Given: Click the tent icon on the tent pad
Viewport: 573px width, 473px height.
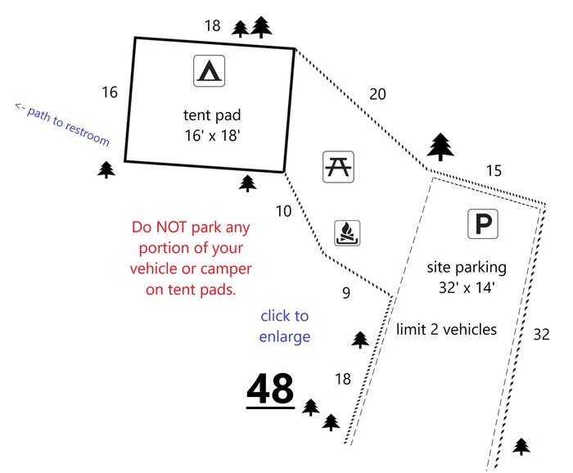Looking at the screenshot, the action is (209, 71).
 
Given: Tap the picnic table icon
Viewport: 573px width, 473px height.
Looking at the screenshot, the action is (338, 167).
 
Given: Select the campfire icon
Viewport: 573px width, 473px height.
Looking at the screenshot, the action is (347, 233).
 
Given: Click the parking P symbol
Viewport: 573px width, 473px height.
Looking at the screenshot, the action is (483, 223).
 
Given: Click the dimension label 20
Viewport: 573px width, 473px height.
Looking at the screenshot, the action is (377, 94).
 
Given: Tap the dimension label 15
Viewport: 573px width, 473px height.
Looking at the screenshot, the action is (494, 170).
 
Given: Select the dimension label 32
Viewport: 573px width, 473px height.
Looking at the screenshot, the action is (541, 334).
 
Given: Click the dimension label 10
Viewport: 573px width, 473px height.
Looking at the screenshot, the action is (283, 211).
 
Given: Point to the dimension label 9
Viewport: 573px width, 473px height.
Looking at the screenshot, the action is (346, 293).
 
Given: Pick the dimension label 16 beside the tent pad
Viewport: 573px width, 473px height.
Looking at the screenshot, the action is (110, 92).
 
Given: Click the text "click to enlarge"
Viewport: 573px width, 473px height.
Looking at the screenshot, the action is (285, 327).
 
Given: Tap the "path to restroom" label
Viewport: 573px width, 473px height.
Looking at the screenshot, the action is (62, 124).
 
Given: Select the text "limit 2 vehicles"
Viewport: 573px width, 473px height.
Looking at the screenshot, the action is (446, 330).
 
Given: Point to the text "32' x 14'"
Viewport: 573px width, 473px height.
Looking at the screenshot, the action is (467, 288).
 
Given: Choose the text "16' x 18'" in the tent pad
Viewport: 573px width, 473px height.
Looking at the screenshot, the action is (212, 136).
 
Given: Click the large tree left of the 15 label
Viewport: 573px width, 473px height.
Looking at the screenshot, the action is (440, 146).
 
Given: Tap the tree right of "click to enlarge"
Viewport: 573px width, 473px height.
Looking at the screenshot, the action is (360, 340).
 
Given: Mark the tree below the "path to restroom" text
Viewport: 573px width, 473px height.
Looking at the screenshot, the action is (106, 170).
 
